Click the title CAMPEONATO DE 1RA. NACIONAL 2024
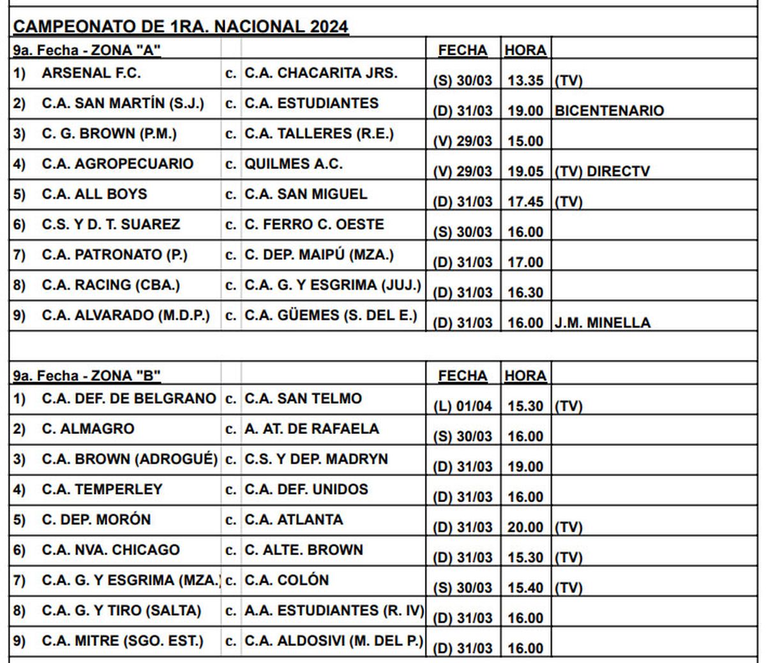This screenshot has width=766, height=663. (x=181, y=26)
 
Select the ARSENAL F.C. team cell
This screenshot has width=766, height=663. (x=91, y=73)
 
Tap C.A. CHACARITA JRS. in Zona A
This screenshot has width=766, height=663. (x=320, y=73)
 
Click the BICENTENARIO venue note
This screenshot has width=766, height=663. (x=609, y=110)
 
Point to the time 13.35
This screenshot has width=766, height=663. (x=525, y=80)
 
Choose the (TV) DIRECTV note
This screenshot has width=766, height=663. (x=602, y=171)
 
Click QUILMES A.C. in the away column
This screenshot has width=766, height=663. (x=294, y=164)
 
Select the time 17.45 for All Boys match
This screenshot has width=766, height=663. (x=525, y=202)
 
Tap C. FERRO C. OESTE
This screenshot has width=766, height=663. (x=314, y=225)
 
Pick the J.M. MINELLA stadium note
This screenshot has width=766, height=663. (x=602, y=323)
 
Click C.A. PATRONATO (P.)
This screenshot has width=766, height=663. (x=115, y=255)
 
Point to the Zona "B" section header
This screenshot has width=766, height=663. (x=87, y=375)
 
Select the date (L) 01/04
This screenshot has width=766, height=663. (x=463, y=406)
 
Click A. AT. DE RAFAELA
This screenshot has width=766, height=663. (x=312, y=429)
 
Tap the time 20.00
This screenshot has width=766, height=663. (x=525, y=527)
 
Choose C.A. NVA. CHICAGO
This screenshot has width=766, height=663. (x=111, y=550)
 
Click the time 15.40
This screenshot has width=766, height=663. (x=525, y=588)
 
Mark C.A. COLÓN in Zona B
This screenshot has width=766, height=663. (x=287, y=580)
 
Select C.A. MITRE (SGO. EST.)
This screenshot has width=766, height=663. (x=123, y=641)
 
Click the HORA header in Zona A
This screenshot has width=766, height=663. (x=525, y=50)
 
